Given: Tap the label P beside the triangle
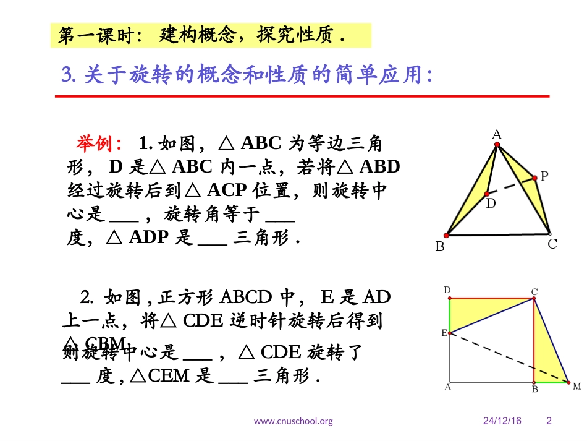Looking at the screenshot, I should (544, 176).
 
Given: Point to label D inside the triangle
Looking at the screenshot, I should (491, 202).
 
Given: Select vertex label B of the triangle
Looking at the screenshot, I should (439, 247).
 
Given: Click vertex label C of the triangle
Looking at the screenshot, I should (552, 244).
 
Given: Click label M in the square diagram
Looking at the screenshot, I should (576, 387).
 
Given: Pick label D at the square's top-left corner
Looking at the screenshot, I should (447, 289).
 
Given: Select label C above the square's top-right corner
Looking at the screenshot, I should (534, 291).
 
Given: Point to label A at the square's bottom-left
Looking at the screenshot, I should (447, 387).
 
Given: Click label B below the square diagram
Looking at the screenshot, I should (535, 389).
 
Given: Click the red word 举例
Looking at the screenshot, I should (99, 143).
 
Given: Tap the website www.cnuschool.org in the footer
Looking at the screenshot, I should (293, 421).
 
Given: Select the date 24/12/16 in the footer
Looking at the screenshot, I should (502, 421).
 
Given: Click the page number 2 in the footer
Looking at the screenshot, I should (549, 421).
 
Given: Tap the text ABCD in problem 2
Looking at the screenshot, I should (247, 298).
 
